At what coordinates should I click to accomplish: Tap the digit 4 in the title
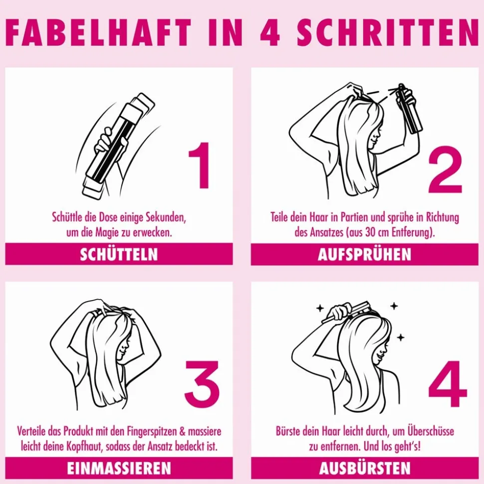[x=270, y=32]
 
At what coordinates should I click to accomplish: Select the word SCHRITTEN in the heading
[x=388, y=32]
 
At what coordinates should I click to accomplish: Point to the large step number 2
[x=445, y=169]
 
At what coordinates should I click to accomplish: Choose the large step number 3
[x=202, y=381]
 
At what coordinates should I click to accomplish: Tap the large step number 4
[x=448, y=384]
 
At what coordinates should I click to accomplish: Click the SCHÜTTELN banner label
[x=119, y=255]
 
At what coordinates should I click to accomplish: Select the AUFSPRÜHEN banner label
[x=365, y=255]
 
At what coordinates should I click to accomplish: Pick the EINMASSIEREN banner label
[x=119, y=469]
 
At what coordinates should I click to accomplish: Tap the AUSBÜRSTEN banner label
[x=365, y=469]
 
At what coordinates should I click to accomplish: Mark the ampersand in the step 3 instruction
[x=182, y=432]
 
